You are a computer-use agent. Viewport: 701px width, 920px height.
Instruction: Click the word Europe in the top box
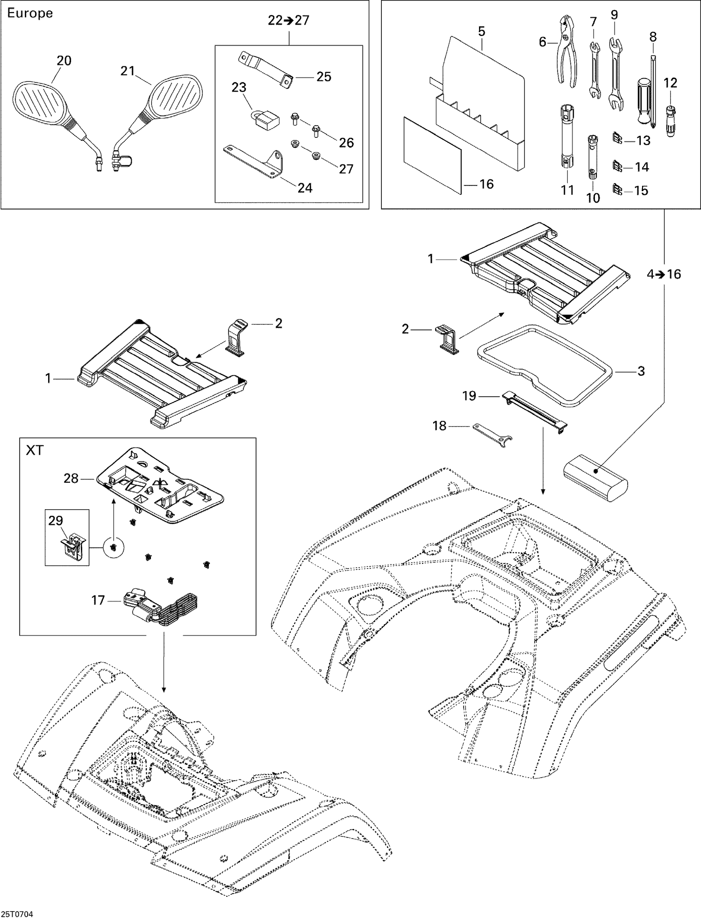(x=30, y=13)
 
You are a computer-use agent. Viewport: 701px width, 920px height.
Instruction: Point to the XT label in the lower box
(x=34, y=450)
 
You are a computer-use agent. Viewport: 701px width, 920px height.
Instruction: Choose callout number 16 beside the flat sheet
(x=486, y=184)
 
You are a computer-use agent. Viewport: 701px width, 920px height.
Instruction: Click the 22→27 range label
(x=288, y=21)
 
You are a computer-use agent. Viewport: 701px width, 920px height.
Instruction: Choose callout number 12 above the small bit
(x=670, y=83)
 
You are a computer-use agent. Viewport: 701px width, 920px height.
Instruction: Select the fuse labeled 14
(x=617, y=166)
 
